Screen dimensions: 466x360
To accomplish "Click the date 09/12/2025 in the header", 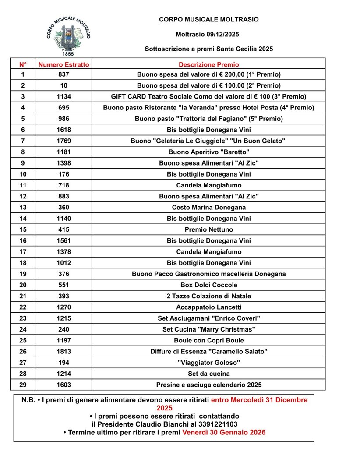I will point(222,34).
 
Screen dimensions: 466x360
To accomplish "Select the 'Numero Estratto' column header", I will point(64,64).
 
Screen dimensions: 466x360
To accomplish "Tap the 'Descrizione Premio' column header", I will point(209,64).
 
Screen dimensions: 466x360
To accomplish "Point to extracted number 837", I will point(64,74).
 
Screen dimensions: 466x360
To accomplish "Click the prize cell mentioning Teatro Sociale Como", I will point(209,96).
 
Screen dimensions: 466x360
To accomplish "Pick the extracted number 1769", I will point(64,141).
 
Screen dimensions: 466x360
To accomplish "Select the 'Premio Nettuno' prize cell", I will point(209,229).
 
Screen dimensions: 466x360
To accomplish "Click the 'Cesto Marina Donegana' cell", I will point(209,207).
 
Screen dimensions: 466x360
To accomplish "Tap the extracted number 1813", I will point(64,352).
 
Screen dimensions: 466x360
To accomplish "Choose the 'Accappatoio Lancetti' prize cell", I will point(209,307).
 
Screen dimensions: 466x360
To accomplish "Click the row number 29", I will point(23,385).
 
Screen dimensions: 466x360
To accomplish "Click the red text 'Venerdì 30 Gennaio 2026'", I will point(224,432).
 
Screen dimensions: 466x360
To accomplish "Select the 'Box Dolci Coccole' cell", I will point(209,285).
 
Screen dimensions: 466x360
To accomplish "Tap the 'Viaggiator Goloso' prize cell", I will point(209,363).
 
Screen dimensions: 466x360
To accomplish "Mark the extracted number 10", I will point(64,85).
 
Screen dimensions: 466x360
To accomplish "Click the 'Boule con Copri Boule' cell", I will point(209,340).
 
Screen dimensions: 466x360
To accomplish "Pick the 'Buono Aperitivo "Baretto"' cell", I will point(209,152).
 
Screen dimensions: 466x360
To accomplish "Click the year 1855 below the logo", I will point(68,54).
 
